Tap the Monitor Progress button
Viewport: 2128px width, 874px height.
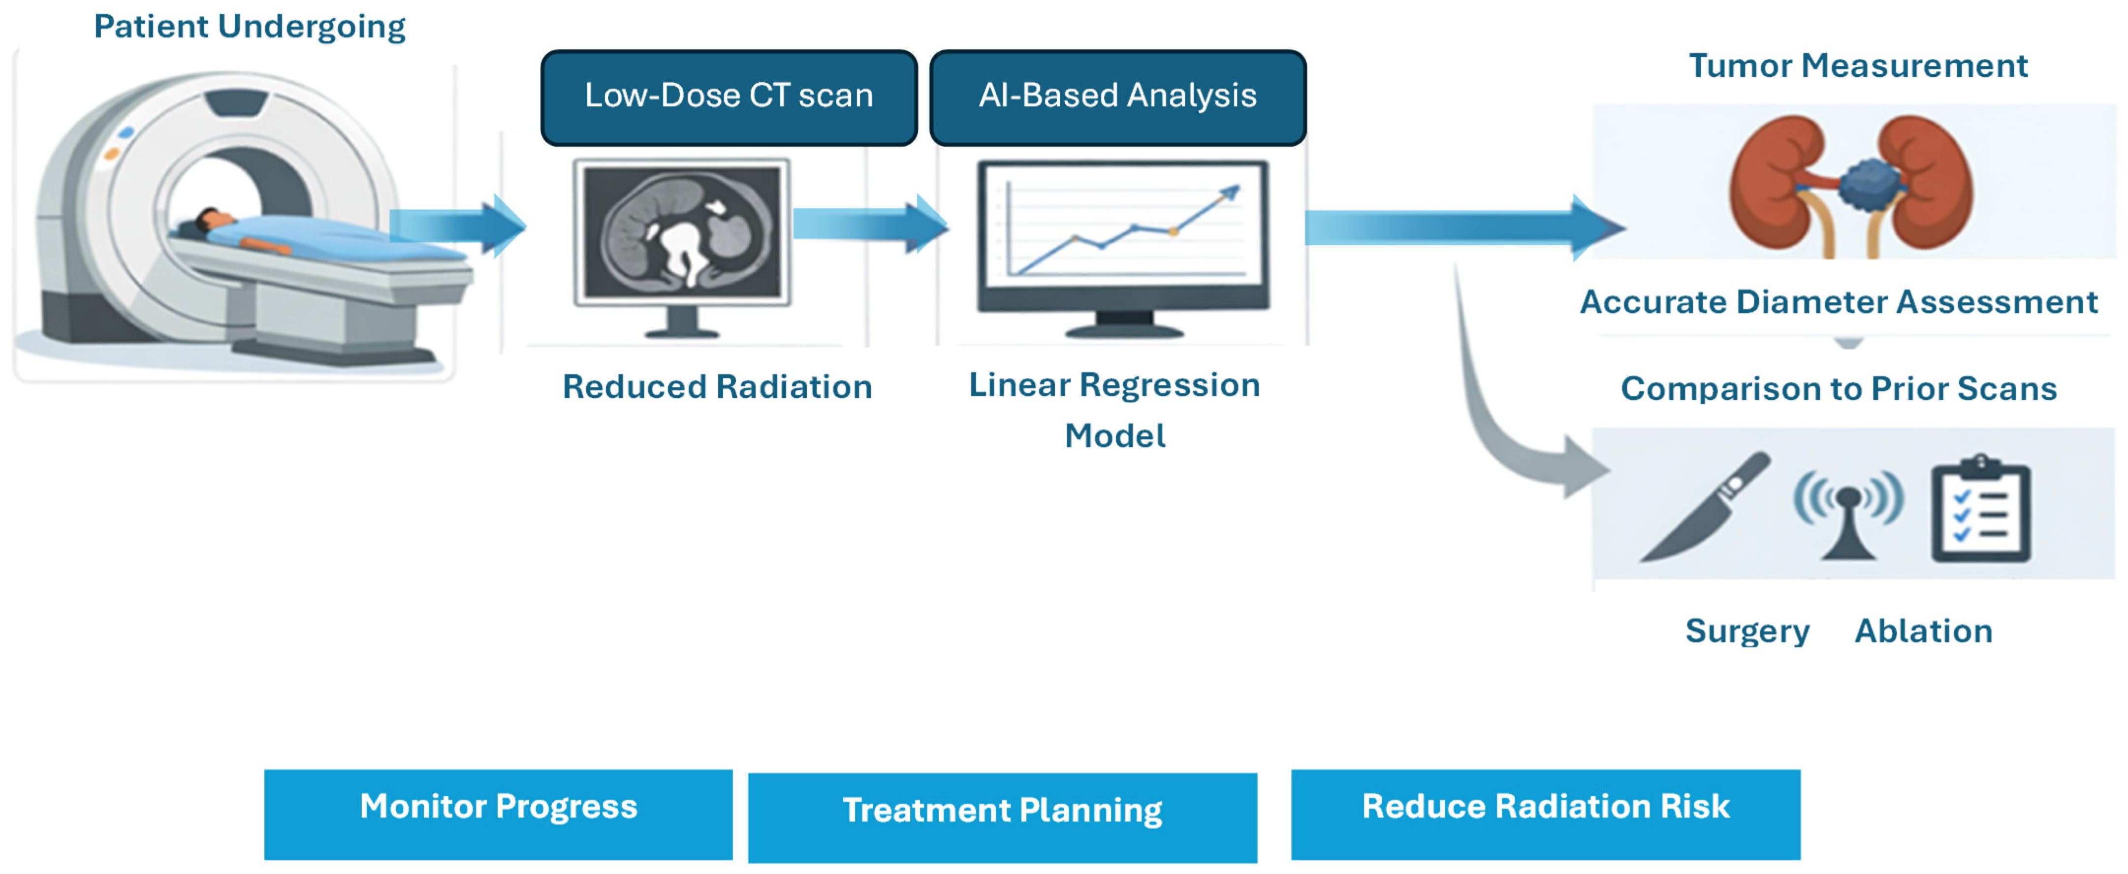[x=498, y=814]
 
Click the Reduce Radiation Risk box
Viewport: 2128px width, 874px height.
[x=1546, y=814]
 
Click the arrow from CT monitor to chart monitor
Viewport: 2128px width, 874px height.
[x=871, y=224]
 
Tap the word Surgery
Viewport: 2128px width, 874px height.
[x=1747, y=632]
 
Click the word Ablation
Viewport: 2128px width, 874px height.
[x=1923, y=631]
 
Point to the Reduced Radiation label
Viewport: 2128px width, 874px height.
[x=717, y=387]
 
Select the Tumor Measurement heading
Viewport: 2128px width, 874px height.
[x=1858, y=65]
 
